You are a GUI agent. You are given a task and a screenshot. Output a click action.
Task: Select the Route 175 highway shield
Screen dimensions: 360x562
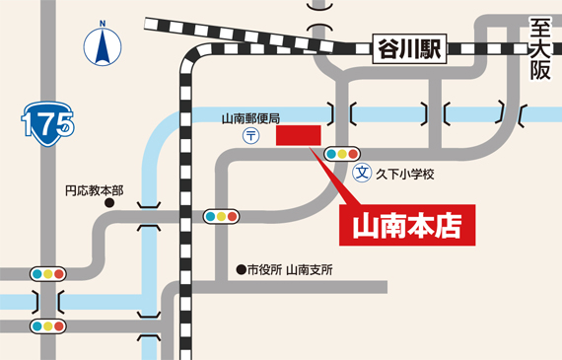point(45,122)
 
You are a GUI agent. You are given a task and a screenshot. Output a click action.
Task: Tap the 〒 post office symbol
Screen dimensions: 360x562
point(251,135)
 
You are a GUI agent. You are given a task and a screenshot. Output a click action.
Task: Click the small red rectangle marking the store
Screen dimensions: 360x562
point(299,135)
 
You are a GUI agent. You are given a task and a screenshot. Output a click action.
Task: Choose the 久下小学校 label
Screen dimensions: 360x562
point(405,174)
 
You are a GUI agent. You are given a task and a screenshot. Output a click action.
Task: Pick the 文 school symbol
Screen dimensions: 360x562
point(362,173)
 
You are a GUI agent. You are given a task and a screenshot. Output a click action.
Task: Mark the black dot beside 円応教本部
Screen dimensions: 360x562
point(109,204)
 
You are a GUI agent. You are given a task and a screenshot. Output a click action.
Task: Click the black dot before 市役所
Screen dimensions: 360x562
point(240,269)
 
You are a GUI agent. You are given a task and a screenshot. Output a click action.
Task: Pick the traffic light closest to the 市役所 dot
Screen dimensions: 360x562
point(220,215)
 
